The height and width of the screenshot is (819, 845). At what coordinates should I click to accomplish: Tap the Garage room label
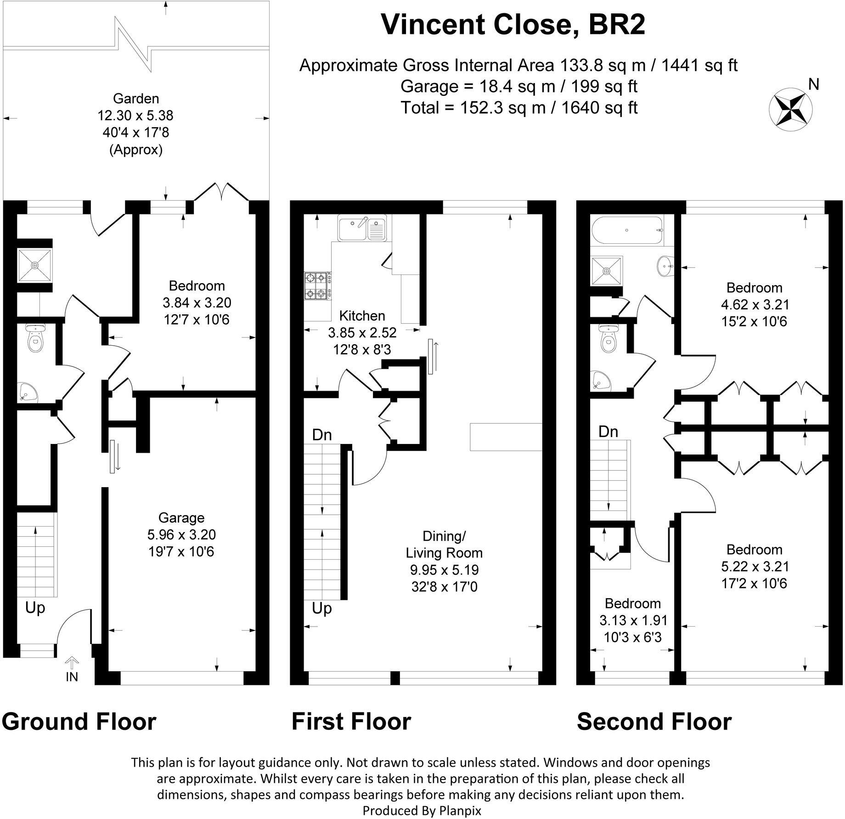(x=181, y=518)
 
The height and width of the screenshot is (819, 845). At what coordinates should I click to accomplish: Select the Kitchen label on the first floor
(x=362, y=316)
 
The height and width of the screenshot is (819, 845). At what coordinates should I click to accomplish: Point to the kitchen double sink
(x=362, y=228)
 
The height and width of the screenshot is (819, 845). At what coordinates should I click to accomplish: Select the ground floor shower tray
(x=35, y=265)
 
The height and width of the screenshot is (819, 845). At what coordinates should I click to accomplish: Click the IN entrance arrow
(x=72, y=663)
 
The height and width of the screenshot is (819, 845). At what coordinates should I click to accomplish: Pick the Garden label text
(x=136, y=99)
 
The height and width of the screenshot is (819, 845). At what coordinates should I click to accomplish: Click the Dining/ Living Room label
(x=444, y=544)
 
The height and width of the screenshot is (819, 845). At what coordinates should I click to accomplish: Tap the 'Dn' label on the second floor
(x=608, y=432)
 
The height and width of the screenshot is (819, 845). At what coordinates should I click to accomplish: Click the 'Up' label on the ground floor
(x=35, y=608)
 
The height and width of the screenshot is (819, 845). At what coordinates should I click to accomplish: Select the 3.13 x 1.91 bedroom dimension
(x=633, y=621)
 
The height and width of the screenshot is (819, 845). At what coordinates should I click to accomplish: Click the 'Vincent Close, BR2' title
(x=513, y=25)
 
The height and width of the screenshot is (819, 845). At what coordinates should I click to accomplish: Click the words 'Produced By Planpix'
(x=422, y=811)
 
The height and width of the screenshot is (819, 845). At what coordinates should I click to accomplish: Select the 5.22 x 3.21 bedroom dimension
(x=755, y=567)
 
